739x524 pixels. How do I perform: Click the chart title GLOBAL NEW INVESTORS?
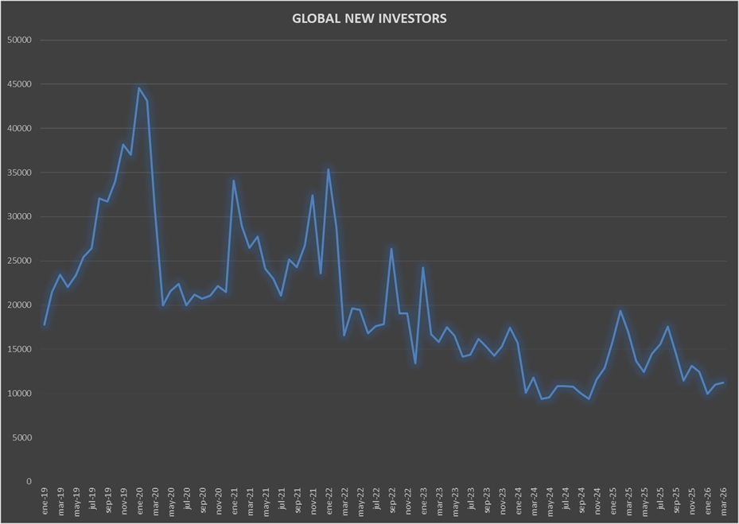click(369, 18)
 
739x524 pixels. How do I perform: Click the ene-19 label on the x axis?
click(45, 501)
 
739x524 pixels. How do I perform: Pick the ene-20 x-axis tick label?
click(139, 501)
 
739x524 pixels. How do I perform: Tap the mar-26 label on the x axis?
click(723, 501)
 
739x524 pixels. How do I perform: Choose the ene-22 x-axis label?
click(329, 501)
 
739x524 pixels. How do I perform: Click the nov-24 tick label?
click(597, 501)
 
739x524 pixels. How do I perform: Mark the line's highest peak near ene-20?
click(138, 88)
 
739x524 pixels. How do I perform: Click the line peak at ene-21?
click(233, 180)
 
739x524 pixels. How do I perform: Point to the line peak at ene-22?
click(328, 169)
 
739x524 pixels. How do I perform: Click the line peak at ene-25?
click(620, 311)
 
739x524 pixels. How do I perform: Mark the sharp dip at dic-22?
click(415, 363)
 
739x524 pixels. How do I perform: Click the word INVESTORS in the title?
click(410, 18)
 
